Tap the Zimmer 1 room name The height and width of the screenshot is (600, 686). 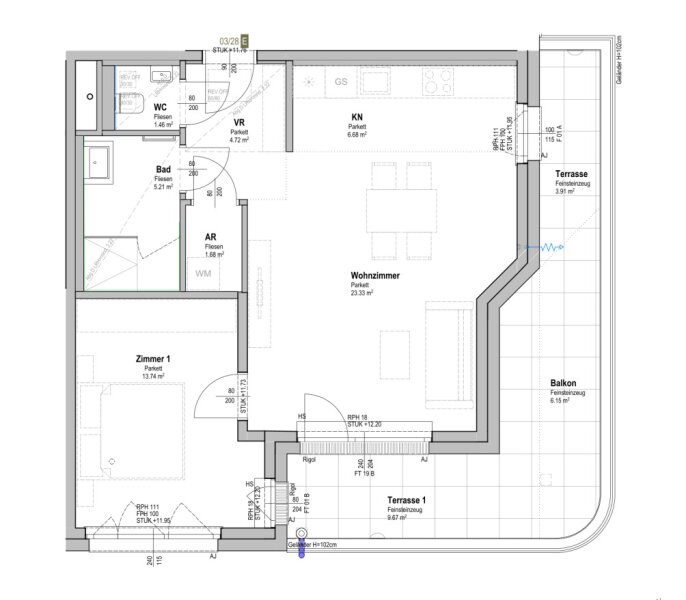(153, 358)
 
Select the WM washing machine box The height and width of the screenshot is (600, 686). (203, 273)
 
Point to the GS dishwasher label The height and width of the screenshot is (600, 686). (341, 81)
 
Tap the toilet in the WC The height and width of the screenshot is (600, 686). (133, 109)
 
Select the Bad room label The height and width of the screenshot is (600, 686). (163, 170)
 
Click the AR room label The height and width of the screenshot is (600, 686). (210, 238)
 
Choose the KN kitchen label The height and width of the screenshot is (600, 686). (355, 116)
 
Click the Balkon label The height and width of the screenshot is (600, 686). (562, 385)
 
